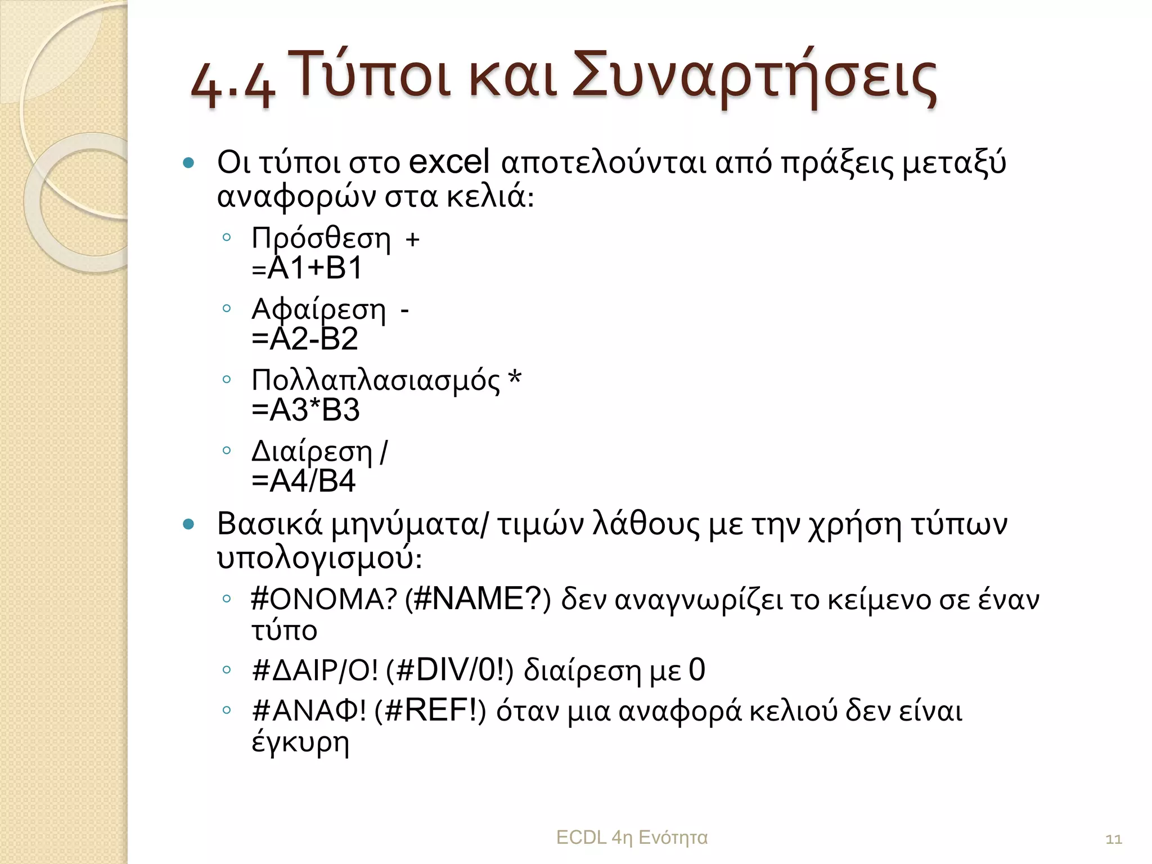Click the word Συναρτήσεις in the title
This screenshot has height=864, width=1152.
[754, 79]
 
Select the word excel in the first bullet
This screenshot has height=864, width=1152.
[449, 162]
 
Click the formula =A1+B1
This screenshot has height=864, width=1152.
[307, 268]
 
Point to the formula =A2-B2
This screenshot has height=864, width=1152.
[304, 339]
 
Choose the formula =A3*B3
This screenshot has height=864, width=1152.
[305, 410]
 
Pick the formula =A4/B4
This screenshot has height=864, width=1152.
[304, 481]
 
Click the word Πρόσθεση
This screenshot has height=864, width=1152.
[321, 239]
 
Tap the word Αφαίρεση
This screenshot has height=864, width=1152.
[318, 310]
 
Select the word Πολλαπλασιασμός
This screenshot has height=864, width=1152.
[375, 381]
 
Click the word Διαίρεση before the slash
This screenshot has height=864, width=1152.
[312, 452]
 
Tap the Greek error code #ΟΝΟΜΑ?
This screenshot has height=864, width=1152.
[324, 600]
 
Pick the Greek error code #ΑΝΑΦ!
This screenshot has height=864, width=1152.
[309, 712]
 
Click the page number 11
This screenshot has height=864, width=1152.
[1113, 840]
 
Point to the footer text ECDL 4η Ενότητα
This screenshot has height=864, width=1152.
[631, 838]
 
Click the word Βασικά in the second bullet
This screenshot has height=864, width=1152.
[269, 524]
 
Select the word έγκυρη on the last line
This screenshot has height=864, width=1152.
[300, 742]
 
